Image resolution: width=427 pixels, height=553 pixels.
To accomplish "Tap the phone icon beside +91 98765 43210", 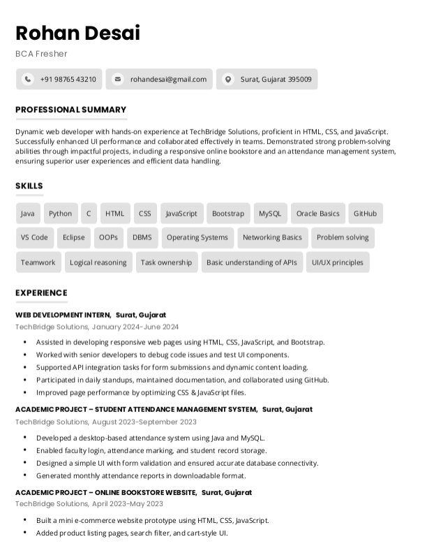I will click(27, 80).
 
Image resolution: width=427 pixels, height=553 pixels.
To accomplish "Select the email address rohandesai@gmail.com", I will click(168, 80).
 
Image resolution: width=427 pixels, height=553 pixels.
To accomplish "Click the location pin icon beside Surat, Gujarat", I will click(227, 80).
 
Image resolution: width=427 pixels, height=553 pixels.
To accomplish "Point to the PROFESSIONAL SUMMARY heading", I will click(70, 110).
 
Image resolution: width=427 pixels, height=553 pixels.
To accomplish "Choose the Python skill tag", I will click(60, 214).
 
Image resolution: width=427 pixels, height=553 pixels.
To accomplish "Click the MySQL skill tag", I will click(270, 214).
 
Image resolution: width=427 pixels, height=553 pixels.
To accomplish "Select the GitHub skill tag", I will click(365, 214).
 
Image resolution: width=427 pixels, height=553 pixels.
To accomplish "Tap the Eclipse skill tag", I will click(73, 237).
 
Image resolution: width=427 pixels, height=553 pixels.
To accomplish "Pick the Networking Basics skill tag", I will click(272, 237).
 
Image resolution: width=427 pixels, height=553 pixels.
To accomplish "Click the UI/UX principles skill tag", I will click(338, 263).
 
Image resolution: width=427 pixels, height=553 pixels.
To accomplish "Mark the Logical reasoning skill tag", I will click(98, 263).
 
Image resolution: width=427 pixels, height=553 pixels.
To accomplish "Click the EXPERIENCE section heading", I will click(41, 293).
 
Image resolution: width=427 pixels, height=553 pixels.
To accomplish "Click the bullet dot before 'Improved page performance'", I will click(25, 392).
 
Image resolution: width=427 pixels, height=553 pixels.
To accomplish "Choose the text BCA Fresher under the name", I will click(41, 54).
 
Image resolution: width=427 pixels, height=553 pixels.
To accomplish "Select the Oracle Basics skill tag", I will click(317, 214).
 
